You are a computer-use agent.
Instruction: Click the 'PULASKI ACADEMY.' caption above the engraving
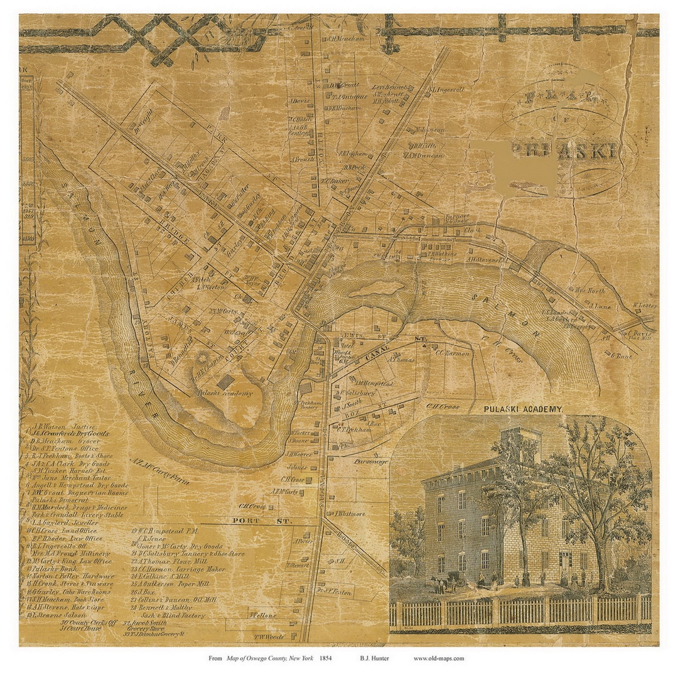coord(523,409)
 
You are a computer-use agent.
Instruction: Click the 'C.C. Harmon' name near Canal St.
coord(452,353)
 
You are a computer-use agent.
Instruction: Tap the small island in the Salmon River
coord(377,289)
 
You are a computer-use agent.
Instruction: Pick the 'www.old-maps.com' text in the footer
coord(439,659)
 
